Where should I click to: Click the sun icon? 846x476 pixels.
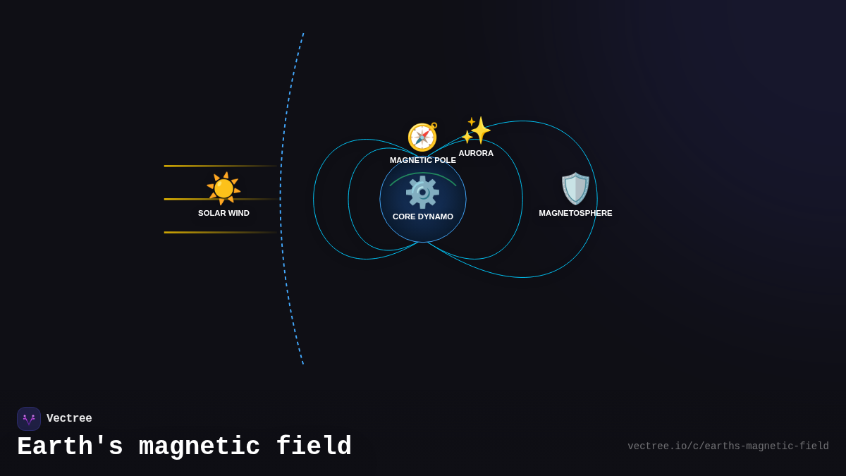[x=223, y=188]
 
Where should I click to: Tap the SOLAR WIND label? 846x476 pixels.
[x=223, y=213]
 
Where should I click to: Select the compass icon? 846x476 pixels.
[x=422, y=137]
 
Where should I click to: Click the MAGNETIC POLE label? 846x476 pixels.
[x=423, y=160]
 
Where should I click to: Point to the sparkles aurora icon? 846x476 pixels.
[x=477, y=130]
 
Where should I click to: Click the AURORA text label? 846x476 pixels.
[x=476, y=153]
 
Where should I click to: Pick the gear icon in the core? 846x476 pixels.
[x=422, y=192]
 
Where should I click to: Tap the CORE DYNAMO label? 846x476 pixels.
[x=423, y=216]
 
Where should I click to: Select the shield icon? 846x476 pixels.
[x=575, y=188]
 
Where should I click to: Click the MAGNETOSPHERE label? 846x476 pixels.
[x=575, y=213]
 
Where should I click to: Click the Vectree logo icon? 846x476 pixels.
[x=29, y=419]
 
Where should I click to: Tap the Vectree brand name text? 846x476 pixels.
[x=69, y=419]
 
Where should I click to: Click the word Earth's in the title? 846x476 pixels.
[x=70, y=447]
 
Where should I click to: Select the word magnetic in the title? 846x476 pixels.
[x=200, y=447]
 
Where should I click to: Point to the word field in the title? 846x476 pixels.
[x=314, y=447]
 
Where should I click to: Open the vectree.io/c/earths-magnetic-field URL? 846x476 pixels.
[x=728, y=446]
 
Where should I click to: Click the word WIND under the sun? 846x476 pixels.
[x=238, y=213]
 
